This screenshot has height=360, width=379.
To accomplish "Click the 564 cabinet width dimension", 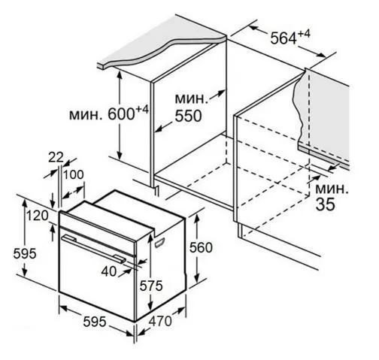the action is point(283,38).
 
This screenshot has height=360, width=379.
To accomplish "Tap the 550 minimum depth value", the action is point(188,116).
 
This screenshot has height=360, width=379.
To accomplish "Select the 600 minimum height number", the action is point(121,114).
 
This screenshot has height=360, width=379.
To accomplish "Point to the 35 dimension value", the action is point(325,204).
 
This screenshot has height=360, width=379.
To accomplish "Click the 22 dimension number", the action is point(56,158).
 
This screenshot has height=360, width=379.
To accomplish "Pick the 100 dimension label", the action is point(73,174).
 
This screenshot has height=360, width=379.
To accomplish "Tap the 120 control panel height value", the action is point(38,216).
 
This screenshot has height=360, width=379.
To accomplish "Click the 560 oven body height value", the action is point(201,248).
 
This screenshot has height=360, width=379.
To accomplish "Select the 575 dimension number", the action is point(151,286).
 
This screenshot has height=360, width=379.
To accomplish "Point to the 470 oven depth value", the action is point(160,321).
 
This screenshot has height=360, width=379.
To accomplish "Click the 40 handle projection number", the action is point(109,271).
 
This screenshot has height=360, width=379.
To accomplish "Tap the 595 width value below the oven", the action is point(95,322).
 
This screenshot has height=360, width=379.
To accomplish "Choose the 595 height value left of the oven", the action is point(25,253).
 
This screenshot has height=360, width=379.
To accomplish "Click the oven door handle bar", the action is point(94,249).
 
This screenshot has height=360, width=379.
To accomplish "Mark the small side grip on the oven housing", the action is point(159,243).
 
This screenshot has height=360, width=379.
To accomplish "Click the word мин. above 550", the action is point(191,98).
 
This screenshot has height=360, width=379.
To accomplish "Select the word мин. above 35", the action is point(332,189).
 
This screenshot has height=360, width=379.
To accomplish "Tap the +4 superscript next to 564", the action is point(304,34).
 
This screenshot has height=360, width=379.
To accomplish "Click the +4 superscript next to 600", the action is point(142,110).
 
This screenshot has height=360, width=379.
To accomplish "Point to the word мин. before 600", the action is point(86,115).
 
